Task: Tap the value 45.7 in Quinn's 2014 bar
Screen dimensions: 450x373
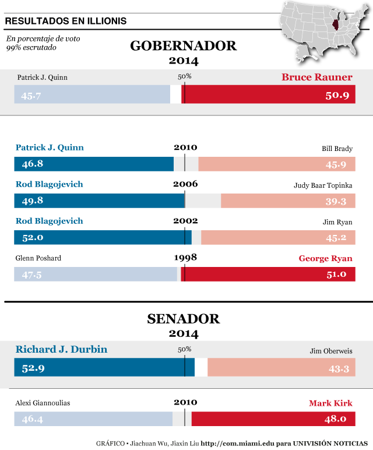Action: [31, 96]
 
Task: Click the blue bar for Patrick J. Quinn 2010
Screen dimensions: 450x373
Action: [93, 164]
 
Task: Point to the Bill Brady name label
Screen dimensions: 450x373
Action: [337, 149]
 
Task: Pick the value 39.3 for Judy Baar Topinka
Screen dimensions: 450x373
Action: [336, 201]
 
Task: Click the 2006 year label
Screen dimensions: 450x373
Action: [185, 184]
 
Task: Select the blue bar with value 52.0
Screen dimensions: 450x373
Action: [102, 237]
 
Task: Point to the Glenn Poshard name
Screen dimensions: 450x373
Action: [38, 258]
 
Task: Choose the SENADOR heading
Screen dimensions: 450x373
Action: [184, 319]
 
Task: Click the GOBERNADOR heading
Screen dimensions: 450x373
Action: [183, 46]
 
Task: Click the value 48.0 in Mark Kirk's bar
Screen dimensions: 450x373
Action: [336, 419]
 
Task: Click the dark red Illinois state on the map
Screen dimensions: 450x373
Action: [334, 27]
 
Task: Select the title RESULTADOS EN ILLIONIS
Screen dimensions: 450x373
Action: [65, 22]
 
